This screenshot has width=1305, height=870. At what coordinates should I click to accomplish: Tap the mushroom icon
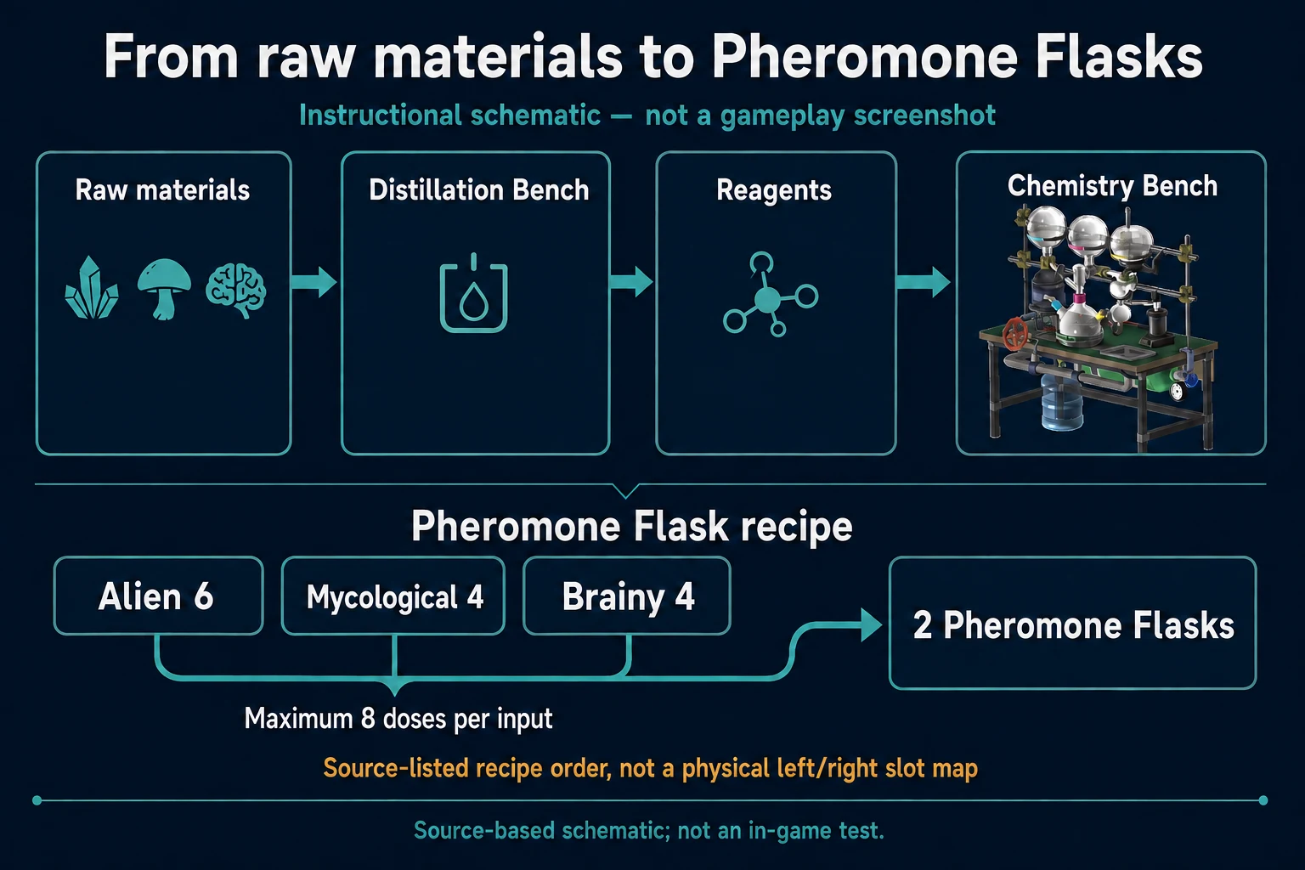pos(164,289)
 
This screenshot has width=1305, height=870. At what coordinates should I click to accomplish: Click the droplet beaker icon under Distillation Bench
pos(473,293)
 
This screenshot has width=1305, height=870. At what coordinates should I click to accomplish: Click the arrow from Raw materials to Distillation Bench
pos(314,282)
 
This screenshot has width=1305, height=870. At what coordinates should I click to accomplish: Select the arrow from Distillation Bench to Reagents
pos(631,281)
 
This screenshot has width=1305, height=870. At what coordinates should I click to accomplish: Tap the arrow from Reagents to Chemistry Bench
pos(924,282)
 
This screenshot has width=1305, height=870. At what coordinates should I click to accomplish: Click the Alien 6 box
pos(159,596)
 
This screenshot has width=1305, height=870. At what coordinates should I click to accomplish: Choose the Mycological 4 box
pos(393,596)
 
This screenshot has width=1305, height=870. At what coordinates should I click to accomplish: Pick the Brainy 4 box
pos(627,596)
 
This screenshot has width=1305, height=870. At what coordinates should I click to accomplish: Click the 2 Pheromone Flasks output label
pos(1073,625)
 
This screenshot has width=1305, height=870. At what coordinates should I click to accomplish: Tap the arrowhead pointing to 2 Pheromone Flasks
pos(872,625)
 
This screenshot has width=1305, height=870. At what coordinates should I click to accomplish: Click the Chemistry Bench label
pos(1112,186)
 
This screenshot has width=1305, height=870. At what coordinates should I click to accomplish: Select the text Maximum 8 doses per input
pos(398,719)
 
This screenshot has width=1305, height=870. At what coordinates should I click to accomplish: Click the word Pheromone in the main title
pos(865,57)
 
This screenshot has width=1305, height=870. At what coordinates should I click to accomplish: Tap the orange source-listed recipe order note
pos(651,768)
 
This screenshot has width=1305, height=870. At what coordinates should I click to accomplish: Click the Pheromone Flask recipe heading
pos(632,526)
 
